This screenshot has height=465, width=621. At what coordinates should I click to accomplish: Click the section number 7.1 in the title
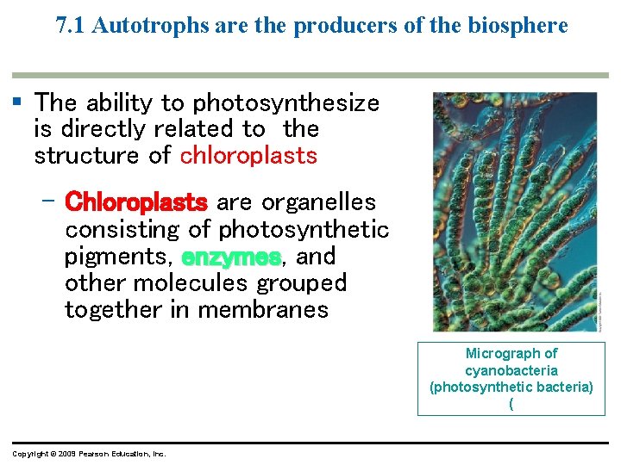pos(71,26)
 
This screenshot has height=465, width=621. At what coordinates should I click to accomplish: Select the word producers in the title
pos(337,26)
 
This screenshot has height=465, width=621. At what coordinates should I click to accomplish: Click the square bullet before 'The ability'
pos(17,102)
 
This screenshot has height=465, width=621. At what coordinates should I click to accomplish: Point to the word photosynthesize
pos(285,103)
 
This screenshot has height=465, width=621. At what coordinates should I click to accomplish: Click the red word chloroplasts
pos(248,156)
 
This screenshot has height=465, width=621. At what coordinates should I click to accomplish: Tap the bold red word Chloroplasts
pos(136,202)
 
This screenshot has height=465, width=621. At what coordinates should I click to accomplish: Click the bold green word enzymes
pos(231,257)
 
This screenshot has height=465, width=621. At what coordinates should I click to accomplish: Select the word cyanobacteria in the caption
pos(511,370)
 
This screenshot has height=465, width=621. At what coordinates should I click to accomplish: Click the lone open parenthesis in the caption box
pos(511,403)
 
